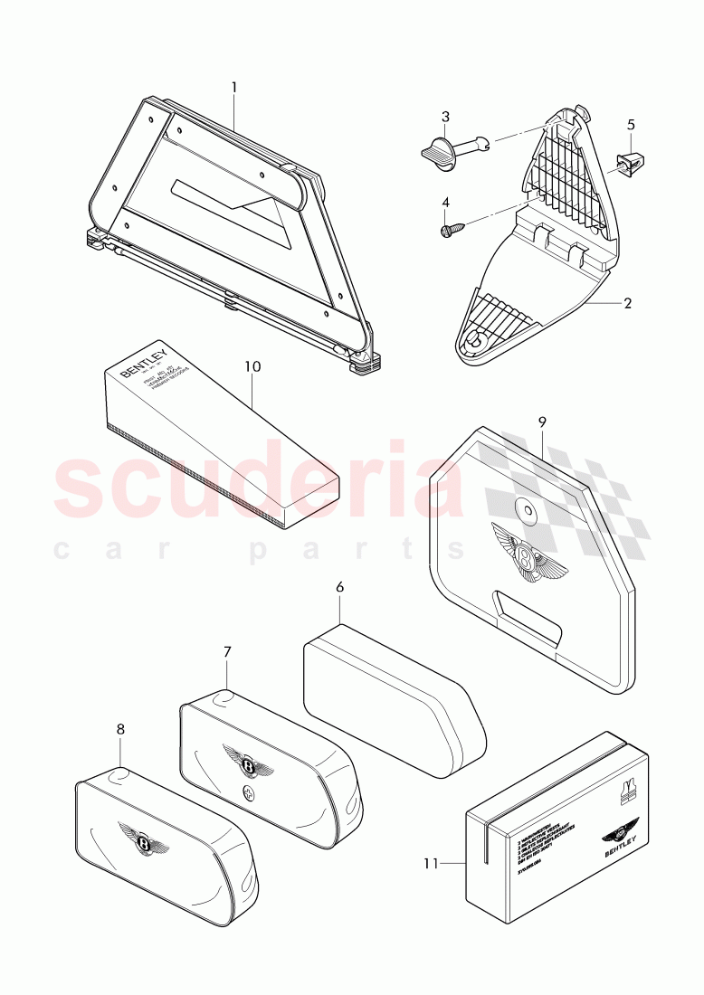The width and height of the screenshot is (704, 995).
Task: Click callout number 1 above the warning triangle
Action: coord(233,88)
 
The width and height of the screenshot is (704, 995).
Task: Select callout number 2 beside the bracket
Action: coord(626,302)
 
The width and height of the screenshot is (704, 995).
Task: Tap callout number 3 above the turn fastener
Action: coord(445,117)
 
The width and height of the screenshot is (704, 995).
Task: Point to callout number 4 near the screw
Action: coord(445,203)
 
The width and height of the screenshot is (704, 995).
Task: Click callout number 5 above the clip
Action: coord(631,124)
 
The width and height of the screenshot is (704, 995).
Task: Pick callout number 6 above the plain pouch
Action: coord(340,587)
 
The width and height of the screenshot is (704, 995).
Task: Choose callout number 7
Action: coord(227,651)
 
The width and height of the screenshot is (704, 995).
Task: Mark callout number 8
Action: coord(120,728)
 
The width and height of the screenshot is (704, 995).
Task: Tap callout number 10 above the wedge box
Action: coord(252,366)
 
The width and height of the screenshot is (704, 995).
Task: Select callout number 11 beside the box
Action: coord(432,863)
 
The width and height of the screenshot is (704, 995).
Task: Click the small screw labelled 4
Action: coord(450,231)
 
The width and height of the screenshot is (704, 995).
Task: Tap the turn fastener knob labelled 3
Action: coord(440,148)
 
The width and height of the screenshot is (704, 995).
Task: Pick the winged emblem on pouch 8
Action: coord(143,839)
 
